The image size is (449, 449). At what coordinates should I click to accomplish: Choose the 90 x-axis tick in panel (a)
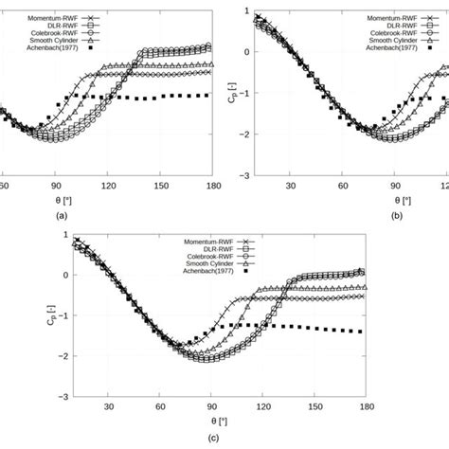57,186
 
